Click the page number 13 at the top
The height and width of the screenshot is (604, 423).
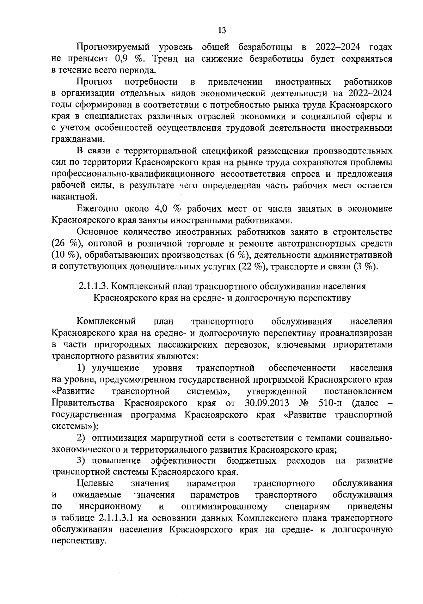click(x=222, y=30)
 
